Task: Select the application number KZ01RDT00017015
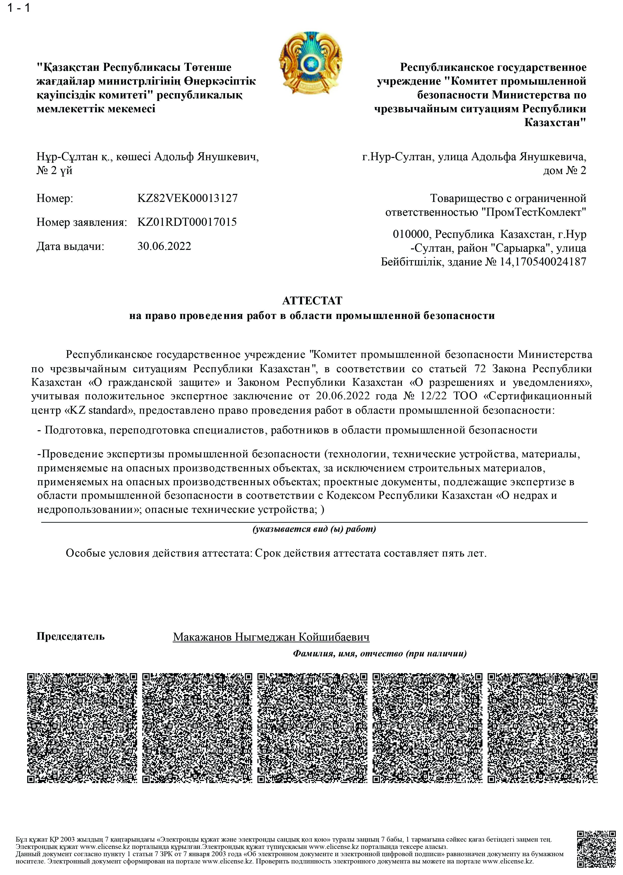pos(187,222)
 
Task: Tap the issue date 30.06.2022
pos(164,246)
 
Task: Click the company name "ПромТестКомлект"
pos(534,212)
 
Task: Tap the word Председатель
pos(71,636)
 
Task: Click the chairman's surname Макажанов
pos(202,637)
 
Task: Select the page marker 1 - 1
pos(18,8)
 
